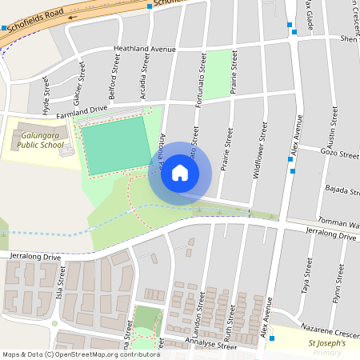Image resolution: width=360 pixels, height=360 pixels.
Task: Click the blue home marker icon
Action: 180,172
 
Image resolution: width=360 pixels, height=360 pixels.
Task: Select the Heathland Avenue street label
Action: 144,50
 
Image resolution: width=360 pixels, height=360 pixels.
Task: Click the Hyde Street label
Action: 46,95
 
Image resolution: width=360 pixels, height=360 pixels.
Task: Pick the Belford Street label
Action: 112,82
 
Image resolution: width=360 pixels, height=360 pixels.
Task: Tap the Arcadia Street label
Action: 145,74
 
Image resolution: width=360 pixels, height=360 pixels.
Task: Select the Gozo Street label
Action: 336,152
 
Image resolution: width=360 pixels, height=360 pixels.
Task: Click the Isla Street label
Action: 61,275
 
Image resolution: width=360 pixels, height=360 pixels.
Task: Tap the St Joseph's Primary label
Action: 327,347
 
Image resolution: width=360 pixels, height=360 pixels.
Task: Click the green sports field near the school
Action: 115,145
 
